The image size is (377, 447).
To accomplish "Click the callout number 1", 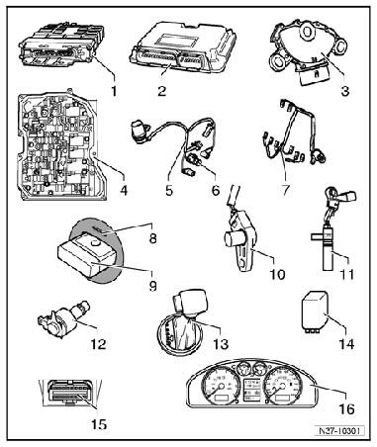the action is (114, 91).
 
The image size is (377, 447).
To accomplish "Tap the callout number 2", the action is (161, 91).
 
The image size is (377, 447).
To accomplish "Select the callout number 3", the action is (344, 91).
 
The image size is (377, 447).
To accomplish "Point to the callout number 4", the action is (124, 190).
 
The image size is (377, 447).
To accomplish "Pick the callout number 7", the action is (285, 190).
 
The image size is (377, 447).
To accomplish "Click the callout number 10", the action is (277, 274).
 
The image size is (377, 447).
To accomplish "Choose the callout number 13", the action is (221, 344).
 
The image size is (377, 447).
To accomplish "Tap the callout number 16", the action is (346, 409).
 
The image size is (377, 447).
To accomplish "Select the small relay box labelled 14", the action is (314, 311).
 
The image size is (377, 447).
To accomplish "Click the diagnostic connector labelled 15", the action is (70, 393).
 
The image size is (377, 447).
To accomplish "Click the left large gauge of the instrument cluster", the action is (218, 387).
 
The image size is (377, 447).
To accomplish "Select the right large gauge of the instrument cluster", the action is (282, 387).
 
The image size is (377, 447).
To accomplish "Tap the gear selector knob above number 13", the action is (190, 302).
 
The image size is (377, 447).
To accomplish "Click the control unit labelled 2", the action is (184, 48).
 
